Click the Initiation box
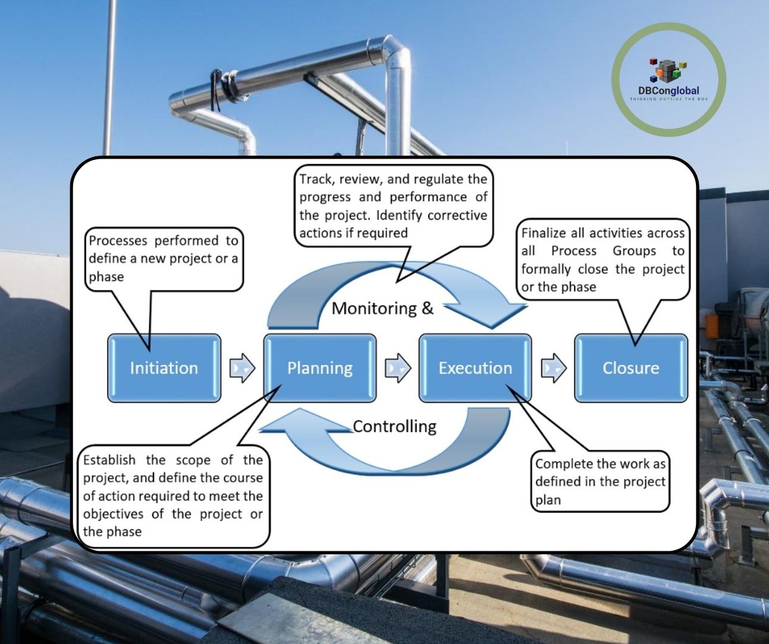[164, 368]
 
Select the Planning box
[320, 368]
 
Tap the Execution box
[475, 368]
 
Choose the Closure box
[630, 368]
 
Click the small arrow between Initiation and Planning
[242, 368]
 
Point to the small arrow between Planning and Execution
[398, 368]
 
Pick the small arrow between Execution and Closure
[554, 368]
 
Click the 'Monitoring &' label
[382, 308]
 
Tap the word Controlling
[394, 427]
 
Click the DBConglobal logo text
[668, 91]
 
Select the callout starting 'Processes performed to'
[164, 258]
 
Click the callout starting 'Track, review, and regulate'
[393, 206]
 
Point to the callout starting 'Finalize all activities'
[603, 260]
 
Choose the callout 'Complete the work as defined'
[600, 481]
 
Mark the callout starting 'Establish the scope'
[172, 495]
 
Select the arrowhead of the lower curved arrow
[285, 426]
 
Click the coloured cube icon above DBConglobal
[668, 70]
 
